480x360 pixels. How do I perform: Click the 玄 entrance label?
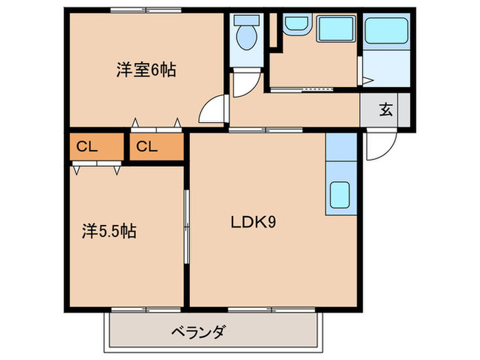tap(386, 109)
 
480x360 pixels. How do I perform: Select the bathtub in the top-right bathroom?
tap(386, 32)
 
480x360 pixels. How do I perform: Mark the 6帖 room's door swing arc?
tap(215, 110)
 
